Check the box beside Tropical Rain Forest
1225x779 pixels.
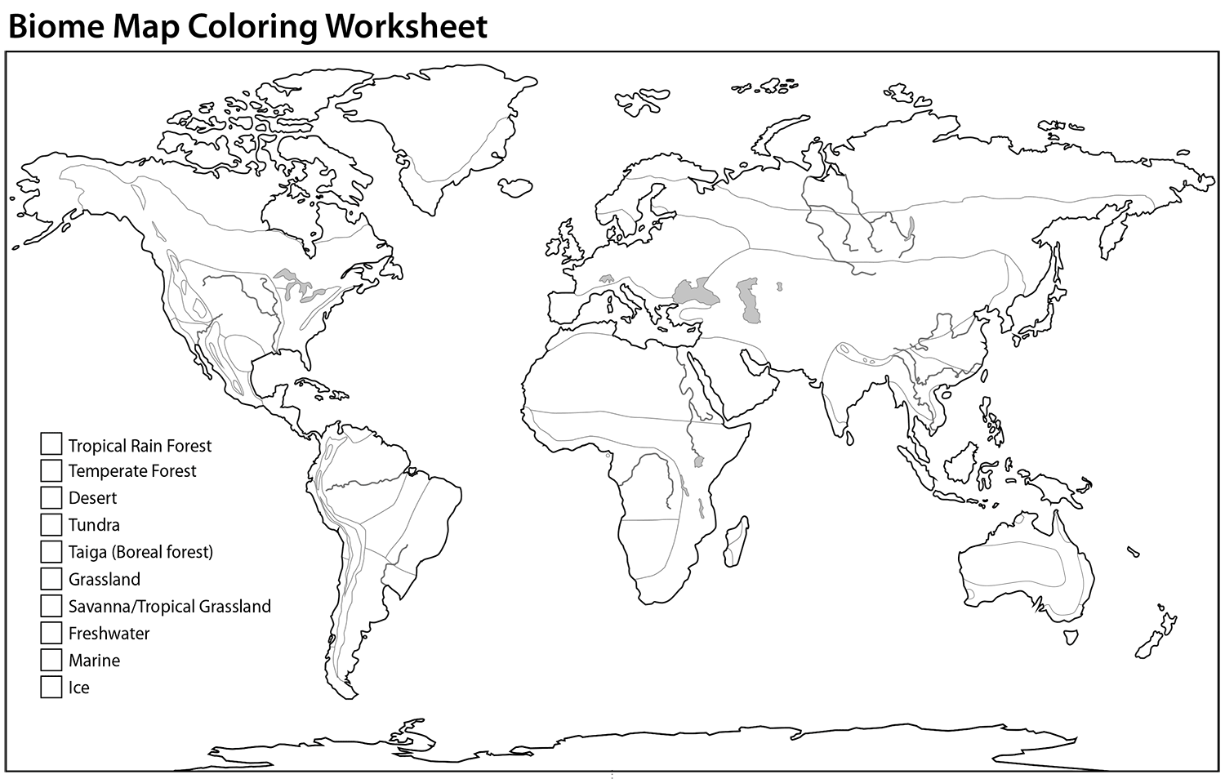(x=51, y=444)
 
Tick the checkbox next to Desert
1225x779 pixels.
(x=51, y=497)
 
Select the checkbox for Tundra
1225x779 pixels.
(x=51, y=524)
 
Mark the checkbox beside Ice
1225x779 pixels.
(x=51, y=687)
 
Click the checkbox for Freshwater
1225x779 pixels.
(x=51, y=633)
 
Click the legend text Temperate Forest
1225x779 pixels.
(x=132, y=471)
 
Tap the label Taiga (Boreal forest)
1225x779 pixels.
(x=140, y=552)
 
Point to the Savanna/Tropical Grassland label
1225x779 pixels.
(x=169, y=606)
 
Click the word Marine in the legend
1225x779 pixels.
(x=94, y=660)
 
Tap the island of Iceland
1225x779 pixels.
(x=516, y=186)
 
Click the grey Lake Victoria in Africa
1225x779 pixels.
(x=698, y=462)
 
